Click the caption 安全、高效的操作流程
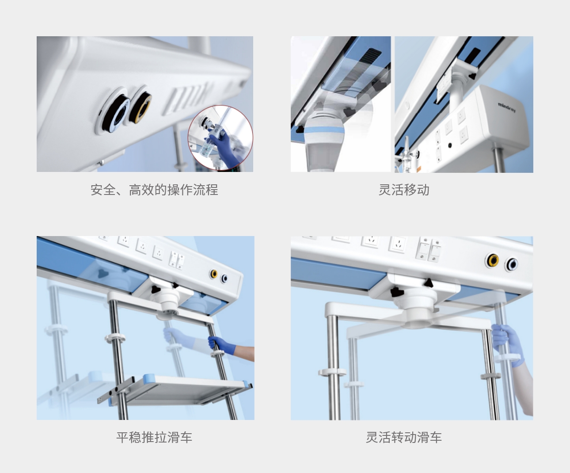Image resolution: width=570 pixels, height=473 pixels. (154, 190)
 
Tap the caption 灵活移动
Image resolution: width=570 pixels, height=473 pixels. (404, 190)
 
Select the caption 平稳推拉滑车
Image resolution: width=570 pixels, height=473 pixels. (154, 437)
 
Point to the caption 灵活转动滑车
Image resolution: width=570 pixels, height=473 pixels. (404, 437)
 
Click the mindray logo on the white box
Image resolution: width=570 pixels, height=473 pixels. (507, 107)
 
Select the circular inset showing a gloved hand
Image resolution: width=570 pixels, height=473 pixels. (220, 138)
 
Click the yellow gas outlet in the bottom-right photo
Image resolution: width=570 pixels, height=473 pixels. (493, 261)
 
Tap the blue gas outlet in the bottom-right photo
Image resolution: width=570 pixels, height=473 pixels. (512, 264)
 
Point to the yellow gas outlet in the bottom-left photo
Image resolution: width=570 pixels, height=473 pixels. (213, 274)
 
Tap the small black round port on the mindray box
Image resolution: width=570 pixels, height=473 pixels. (450, 145)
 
